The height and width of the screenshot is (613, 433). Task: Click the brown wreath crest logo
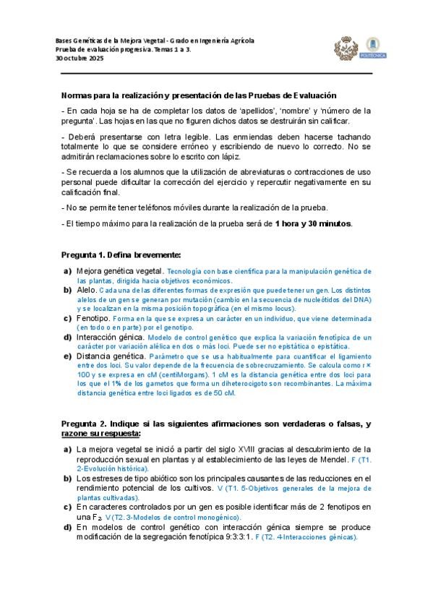pos(346,49)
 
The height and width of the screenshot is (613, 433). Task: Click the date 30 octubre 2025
pos(80,59)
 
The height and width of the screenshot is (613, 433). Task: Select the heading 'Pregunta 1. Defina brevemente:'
pos(121,255)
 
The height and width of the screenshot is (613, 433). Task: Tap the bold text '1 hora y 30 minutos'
pos(313,223)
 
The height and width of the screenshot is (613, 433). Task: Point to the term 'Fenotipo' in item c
pos(93,317)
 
